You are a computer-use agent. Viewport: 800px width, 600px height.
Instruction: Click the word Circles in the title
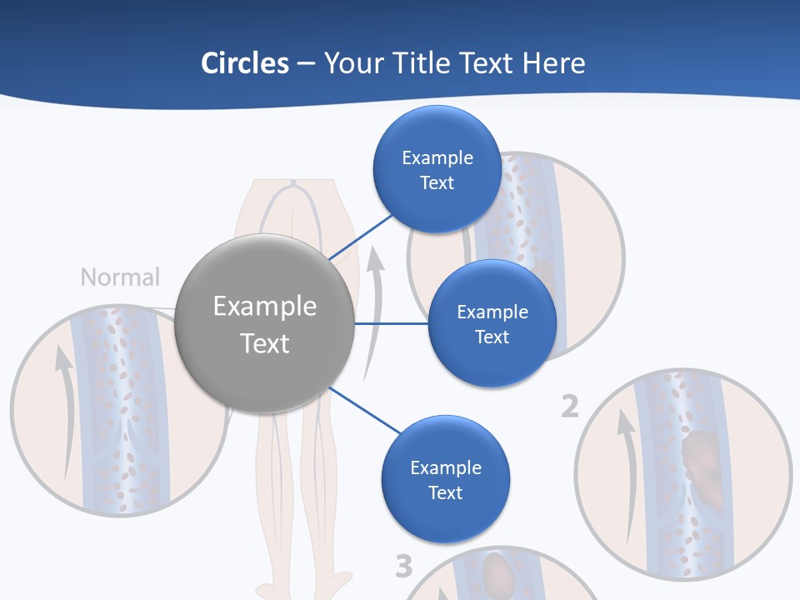[x=244, y=63]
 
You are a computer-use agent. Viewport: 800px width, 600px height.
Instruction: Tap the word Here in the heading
[x=553, y=63]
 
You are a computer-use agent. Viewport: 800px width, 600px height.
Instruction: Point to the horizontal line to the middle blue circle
[x=392, y=323]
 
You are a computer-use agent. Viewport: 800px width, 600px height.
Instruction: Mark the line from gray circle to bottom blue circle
[x=365, y=410]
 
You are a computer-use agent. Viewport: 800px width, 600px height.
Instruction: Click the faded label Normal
[x=120, y=277]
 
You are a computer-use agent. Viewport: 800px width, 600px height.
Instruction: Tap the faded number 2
[x=569, y=407]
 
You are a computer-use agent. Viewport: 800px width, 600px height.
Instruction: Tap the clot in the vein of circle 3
[x=500, y=573]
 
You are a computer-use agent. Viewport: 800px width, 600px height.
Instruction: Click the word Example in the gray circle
[x=265, y=307]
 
